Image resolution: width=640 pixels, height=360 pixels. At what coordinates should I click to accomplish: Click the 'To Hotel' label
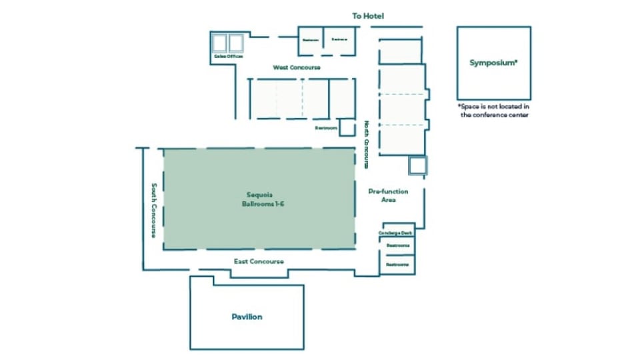[368, 15]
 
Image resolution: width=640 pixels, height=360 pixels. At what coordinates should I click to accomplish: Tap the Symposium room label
[493, 63]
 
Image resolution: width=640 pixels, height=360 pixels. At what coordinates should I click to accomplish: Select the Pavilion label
[247, 317]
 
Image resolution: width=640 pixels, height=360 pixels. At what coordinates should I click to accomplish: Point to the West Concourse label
[297, 67]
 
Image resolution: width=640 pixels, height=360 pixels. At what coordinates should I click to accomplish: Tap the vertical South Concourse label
[153, 211]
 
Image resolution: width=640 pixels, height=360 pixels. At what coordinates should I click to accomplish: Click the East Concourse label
[259, 261]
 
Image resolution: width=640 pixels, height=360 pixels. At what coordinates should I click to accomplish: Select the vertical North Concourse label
[367, 144]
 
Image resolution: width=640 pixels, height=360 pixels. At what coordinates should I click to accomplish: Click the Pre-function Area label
[389, 195]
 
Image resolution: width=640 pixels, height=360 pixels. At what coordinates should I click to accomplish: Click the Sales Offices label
[229, 57]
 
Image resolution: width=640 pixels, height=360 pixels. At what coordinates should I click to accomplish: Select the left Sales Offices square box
[220, 43]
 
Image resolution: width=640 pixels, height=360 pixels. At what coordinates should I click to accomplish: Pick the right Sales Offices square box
[237, 43]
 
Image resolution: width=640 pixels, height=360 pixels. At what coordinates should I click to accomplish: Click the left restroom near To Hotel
[311, 40]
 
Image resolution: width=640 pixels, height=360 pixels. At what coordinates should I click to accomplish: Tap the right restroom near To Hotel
[339, 40]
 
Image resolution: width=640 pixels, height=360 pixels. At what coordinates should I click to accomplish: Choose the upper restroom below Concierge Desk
[398, 245]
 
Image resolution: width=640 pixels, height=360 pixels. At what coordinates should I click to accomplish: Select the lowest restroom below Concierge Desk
[398, 265]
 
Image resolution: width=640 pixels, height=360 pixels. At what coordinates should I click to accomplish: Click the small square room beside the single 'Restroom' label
[347, 127]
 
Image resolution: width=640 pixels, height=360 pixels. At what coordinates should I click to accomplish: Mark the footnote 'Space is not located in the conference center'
[493, 111]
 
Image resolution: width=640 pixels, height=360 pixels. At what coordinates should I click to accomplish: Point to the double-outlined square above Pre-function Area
[418, 165]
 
